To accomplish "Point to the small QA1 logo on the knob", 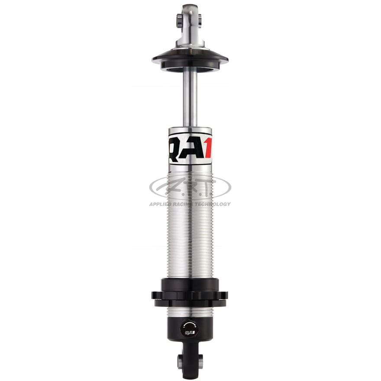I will point(189,333).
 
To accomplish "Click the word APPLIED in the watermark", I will point(161,204).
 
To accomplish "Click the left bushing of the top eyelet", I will point(179,20).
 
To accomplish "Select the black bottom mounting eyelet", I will point(190,362).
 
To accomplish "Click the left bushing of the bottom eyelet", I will point(180,360).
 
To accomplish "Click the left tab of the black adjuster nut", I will point(155,295).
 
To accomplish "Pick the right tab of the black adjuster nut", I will point(224,295).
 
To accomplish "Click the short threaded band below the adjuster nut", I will point(190,312).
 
